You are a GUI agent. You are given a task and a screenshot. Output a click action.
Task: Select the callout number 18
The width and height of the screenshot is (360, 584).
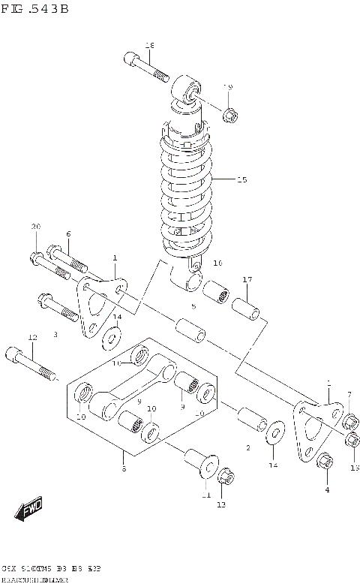(148, 46)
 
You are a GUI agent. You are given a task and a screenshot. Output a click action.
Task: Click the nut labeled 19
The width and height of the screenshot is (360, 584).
(231, 115)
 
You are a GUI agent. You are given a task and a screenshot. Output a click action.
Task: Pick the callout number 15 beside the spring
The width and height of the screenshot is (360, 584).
(241, 179)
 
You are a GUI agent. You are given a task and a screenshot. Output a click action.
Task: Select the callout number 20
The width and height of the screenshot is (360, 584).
(35, 227)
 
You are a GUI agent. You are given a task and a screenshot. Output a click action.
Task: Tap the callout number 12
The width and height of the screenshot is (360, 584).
(31, 338)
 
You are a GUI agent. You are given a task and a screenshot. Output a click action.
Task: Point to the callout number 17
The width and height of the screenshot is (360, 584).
(247, 280)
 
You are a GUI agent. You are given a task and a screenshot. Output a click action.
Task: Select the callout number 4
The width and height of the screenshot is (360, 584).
(327, 490)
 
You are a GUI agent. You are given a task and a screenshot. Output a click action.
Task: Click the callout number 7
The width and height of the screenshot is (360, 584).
(349, 395)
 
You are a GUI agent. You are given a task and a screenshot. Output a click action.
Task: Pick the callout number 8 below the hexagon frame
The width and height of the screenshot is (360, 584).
(124, 469)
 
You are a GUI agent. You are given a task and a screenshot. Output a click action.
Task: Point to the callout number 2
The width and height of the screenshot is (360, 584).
(247, 448)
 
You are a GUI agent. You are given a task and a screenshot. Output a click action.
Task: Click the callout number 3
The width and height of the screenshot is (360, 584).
(55, 334)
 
